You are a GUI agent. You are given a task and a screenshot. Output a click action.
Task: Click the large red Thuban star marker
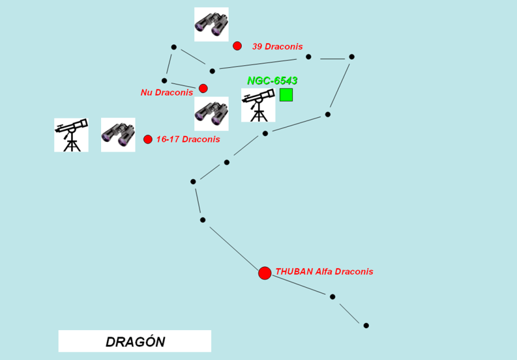click(265, 273)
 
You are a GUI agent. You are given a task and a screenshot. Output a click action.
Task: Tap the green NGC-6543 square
click(286, 95)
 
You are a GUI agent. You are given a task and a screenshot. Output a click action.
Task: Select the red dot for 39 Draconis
click(237, 46)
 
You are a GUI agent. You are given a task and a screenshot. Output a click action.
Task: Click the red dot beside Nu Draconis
click(203, 88)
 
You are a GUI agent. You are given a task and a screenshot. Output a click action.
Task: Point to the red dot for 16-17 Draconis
click(148, 139)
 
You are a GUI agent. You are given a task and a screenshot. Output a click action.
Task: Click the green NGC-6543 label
click(272, 81)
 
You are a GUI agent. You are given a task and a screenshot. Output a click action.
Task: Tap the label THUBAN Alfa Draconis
click(325, 272)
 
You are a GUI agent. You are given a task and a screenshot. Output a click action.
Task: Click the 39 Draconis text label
click(277, 47)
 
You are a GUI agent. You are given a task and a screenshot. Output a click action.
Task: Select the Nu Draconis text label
click(167, 92)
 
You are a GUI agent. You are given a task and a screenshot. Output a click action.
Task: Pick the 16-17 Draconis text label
click(188, 139)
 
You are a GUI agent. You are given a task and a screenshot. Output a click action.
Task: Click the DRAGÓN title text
click(135, 342)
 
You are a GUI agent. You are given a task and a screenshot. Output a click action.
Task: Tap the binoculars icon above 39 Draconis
click(211, 25)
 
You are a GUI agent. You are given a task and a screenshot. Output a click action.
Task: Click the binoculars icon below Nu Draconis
click(211, 114)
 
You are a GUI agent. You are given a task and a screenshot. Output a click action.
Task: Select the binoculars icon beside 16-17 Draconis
click(118, 135)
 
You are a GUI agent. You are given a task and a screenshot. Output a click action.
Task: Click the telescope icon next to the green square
click(258, 106)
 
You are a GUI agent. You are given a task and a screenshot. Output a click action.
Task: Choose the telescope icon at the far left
click(71, 135)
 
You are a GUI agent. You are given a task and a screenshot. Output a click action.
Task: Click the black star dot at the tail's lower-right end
click(366, 326)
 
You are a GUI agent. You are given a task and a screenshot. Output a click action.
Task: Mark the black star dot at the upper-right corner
click(352, 57)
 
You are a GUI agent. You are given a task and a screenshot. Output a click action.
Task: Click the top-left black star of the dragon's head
click(174, 47)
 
